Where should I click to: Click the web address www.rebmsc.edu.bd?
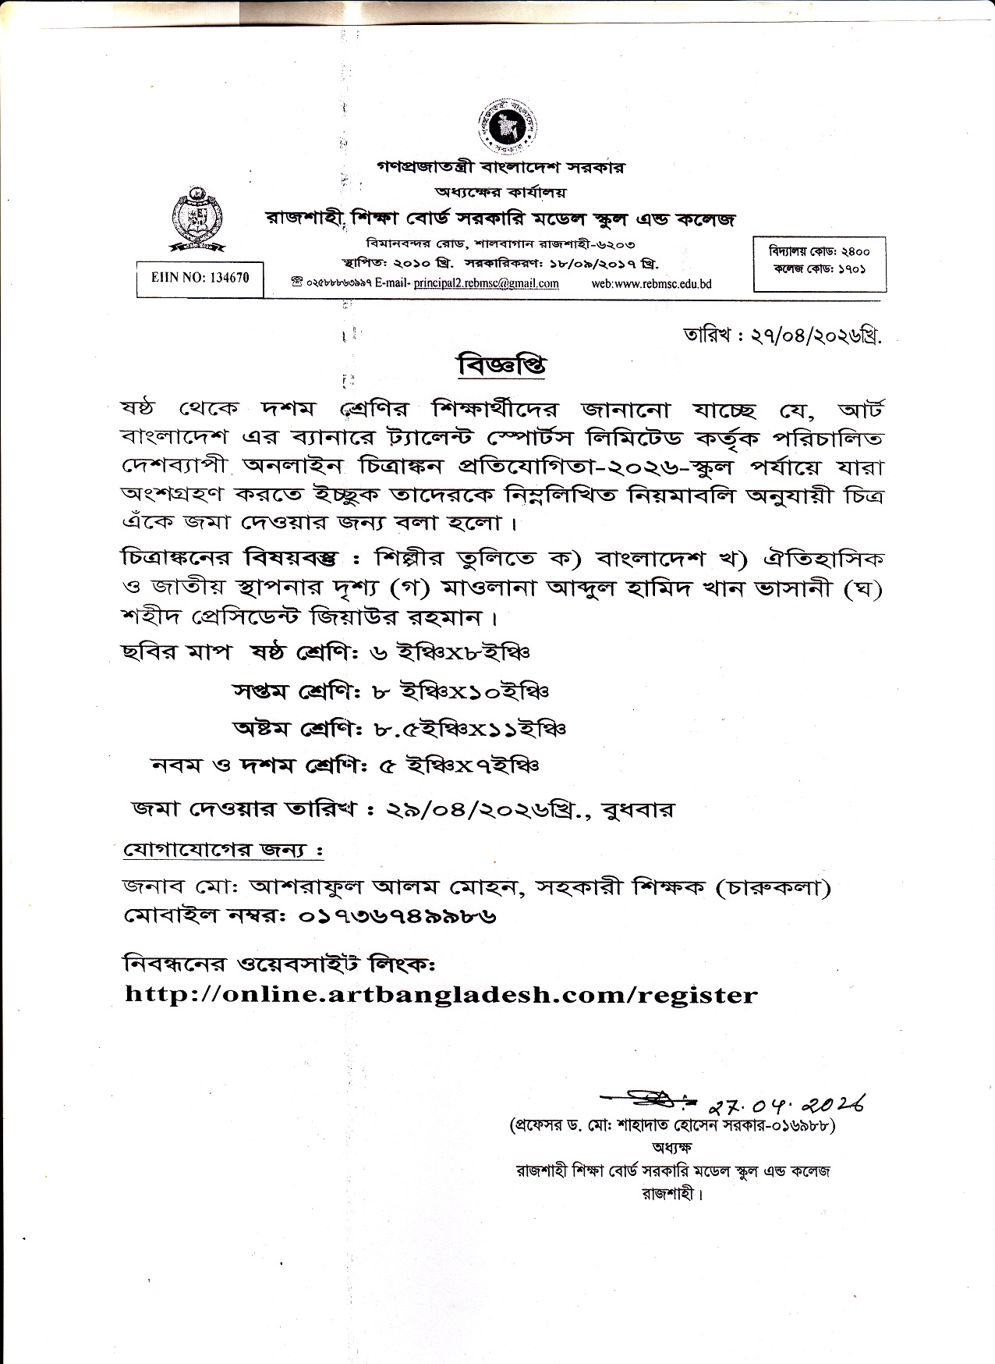[651, 283]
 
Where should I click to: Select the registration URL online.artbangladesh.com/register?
[441, 995]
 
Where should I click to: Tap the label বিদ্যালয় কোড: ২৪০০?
[819, 251]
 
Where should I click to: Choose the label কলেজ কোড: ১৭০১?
[819, 269]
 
